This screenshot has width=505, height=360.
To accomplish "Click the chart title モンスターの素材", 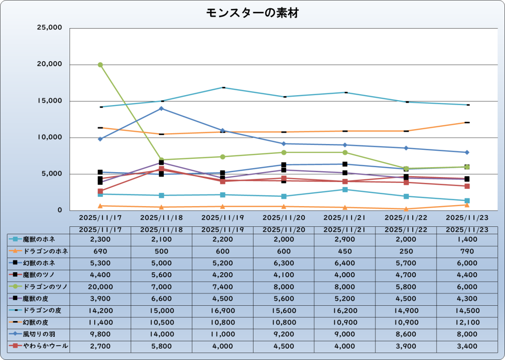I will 252,13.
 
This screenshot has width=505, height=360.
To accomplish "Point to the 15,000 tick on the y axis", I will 50,101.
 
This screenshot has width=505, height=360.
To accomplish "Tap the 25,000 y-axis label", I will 50,28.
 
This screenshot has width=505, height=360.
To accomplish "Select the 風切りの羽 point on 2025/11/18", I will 161,108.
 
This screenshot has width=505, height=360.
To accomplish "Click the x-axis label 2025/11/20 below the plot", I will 284,217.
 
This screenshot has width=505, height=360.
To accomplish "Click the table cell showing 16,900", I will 222,311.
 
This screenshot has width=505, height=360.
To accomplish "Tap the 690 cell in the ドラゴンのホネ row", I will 100,251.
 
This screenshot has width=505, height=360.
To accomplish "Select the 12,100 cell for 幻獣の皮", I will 467,323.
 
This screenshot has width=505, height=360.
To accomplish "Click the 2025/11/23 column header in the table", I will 467,229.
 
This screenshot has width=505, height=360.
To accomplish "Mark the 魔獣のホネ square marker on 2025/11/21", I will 345,189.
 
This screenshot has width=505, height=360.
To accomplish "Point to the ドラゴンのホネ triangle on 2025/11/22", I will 406,209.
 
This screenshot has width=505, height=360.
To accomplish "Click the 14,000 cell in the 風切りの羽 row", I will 161,335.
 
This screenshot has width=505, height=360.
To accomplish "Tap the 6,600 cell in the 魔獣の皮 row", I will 161,299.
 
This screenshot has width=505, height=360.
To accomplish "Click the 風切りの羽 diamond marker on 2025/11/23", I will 467,152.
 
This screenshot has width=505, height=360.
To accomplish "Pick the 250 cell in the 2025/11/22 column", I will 406,251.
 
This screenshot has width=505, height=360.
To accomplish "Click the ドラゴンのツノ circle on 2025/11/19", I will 222,157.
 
